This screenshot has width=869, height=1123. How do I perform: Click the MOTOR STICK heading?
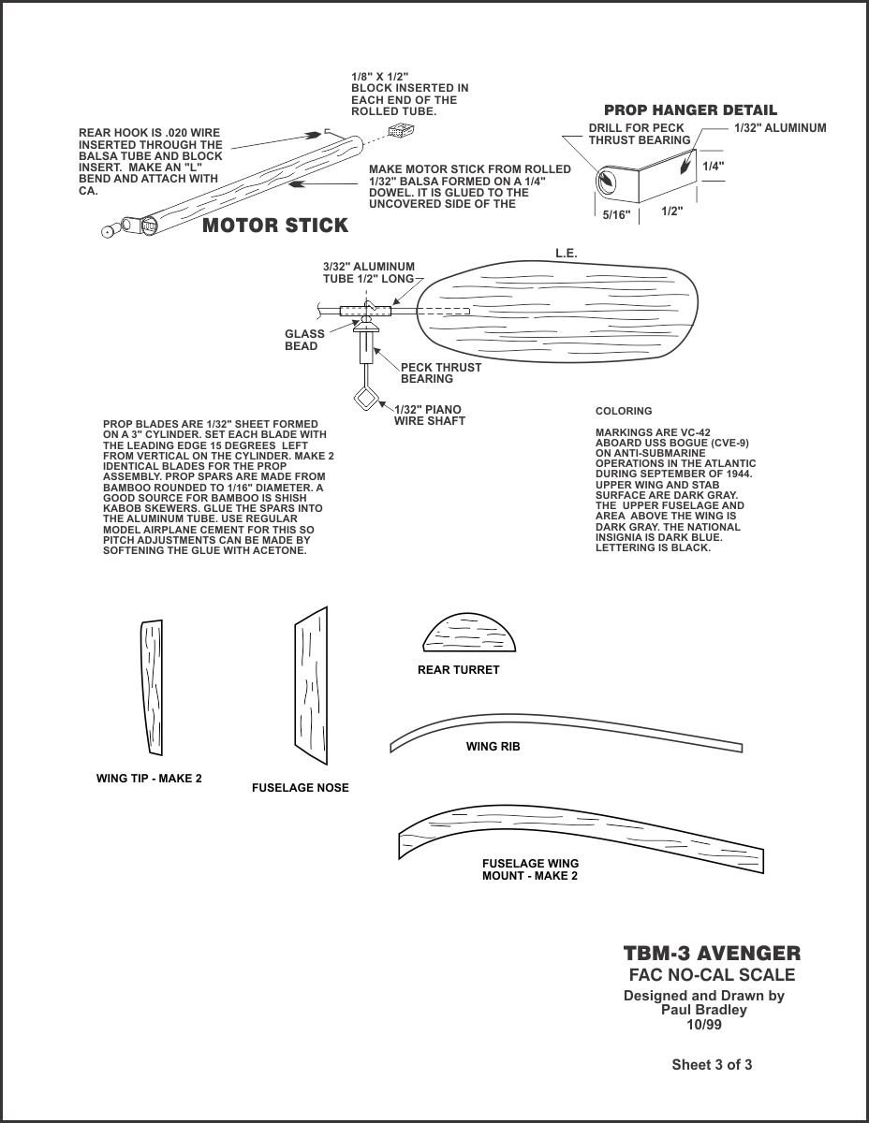[275, 226]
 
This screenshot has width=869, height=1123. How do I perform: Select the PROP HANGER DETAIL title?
[690, 110]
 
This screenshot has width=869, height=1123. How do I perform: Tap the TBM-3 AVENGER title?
[712, 954]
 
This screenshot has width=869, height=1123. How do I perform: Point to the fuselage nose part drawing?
[313, 682]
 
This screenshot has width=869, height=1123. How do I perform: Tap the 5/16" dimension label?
[617, 215]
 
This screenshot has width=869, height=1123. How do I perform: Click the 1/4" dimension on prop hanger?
[713, 166]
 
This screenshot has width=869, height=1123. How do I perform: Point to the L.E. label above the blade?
[567, 254]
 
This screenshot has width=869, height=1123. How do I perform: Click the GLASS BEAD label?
[304, 340]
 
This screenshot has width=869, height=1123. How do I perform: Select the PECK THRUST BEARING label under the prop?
[440, 372]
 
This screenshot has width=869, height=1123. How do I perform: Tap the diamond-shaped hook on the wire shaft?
[366, 400]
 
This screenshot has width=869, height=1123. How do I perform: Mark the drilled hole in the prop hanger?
[608, 180]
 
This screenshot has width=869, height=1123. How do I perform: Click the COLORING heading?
[624, 411]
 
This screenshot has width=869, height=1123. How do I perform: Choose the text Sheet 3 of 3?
[712, 1065]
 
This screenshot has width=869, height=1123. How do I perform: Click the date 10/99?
[704, 1025]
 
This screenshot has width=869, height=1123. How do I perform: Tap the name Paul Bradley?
[704, 1011]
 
